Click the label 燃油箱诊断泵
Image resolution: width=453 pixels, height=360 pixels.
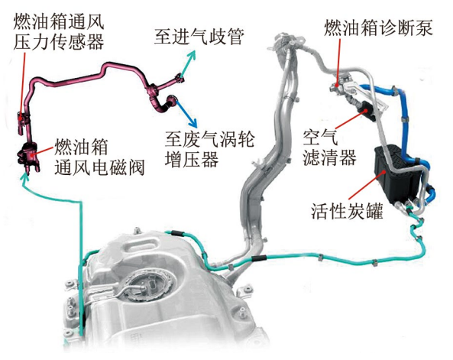(378, 28)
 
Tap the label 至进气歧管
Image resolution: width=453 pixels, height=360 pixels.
(199, 37)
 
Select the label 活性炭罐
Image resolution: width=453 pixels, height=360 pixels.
(347, 211)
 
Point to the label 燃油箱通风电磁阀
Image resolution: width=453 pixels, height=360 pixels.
(99, 157)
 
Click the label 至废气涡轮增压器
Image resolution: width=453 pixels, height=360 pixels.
(210, 149)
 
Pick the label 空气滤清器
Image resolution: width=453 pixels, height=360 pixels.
(329, 148)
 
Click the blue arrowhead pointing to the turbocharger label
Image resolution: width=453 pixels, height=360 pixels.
(193, 123)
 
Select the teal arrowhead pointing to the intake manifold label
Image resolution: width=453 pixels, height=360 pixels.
(192, 54)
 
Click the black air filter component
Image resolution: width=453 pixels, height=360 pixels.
(366, 111)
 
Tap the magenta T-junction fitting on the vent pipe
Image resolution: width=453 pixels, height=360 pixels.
(153, 90)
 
